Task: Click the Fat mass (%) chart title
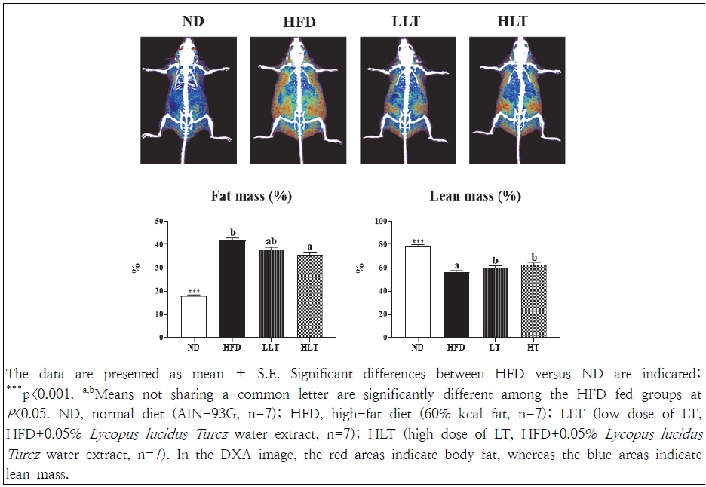[x=251, y=197]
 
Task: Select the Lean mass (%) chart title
[x=475, y=197]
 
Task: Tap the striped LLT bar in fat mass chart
[x=270, y=293]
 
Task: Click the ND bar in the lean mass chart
[x=417, y=291]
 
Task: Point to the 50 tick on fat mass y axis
[x=157, y=221]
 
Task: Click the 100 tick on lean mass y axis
[x=382, y=221]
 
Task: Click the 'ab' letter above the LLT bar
[x=270, y=241]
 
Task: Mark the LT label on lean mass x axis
[x=495, y=347]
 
